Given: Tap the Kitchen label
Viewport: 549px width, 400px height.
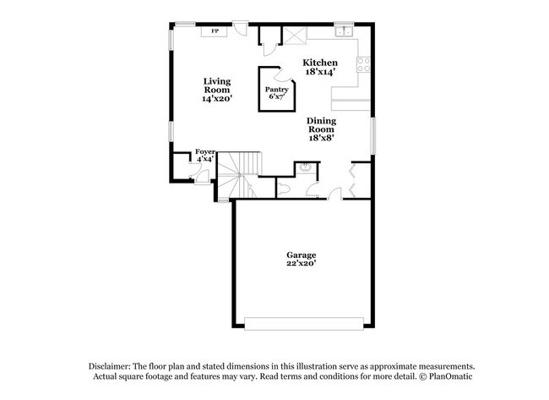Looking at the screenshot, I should (320, 63).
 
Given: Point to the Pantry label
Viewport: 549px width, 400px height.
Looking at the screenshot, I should (276, 90).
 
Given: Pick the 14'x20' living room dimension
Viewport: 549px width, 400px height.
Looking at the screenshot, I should (216, 99).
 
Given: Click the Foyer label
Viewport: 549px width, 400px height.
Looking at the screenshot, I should (205, 151).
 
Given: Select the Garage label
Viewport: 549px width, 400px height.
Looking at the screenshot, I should (301, 255).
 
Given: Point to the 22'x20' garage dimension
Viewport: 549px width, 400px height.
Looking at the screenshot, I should (301, 264).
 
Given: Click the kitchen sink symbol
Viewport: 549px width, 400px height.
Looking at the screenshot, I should (343, 33).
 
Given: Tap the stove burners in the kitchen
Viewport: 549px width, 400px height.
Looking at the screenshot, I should (365, 63).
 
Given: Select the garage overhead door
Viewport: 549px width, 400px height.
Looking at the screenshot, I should (303, 321).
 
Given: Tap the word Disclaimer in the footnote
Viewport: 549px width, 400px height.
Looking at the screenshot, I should (114, 365).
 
